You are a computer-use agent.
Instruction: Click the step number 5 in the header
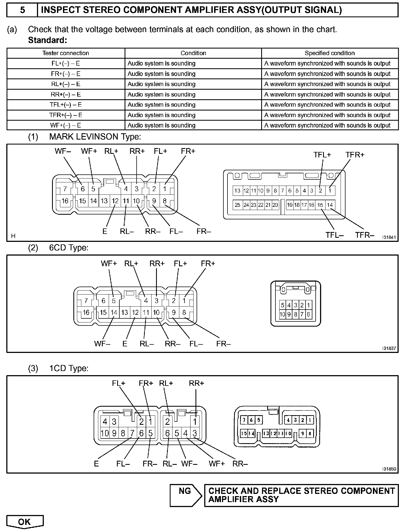point(22,10)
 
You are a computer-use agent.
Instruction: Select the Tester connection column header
point(66,53)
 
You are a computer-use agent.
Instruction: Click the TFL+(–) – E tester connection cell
point(66,105)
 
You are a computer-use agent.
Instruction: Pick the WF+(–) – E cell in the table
point(66,125)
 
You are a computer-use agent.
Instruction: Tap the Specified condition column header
point(330,53)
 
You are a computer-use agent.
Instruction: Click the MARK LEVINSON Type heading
point(95,137)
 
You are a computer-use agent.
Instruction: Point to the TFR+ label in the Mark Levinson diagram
point(355,155)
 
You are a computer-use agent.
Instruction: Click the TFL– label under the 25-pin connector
point(334,235)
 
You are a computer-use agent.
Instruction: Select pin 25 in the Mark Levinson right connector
point(237,205)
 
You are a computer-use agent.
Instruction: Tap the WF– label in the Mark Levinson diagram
point(63,151)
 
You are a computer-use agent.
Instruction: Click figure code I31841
point(389,237)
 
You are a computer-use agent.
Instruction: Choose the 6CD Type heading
point(69,248)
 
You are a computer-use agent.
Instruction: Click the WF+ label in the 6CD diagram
point(109,264)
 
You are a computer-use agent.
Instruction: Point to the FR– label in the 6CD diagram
point(223,344)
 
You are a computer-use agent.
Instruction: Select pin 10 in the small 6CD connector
point(282,314)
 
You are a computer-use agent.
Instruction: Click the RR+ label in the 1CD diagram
point(196,383)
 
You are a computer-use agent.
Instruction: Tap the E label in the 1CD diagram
point(96,464)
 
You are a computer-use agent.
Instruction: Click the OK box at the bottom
point(25,522)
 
